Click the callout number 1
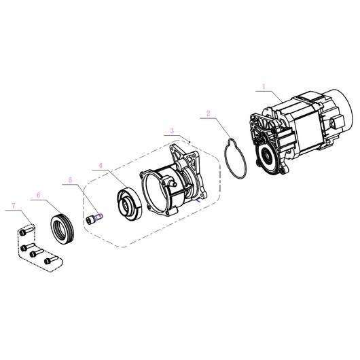tap(264, 86)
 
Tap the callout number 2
tap(208, 113)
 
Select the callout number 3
tap(173, 130)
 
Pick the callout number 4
tap(101, 166)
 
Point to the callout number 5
tap(70, 180)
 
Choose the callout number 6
tap(39, 196)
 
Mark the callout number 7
tap(14, 206)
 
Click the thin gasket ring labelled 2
tap(236, 158)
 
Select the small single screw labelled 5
tap(94, 218)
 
